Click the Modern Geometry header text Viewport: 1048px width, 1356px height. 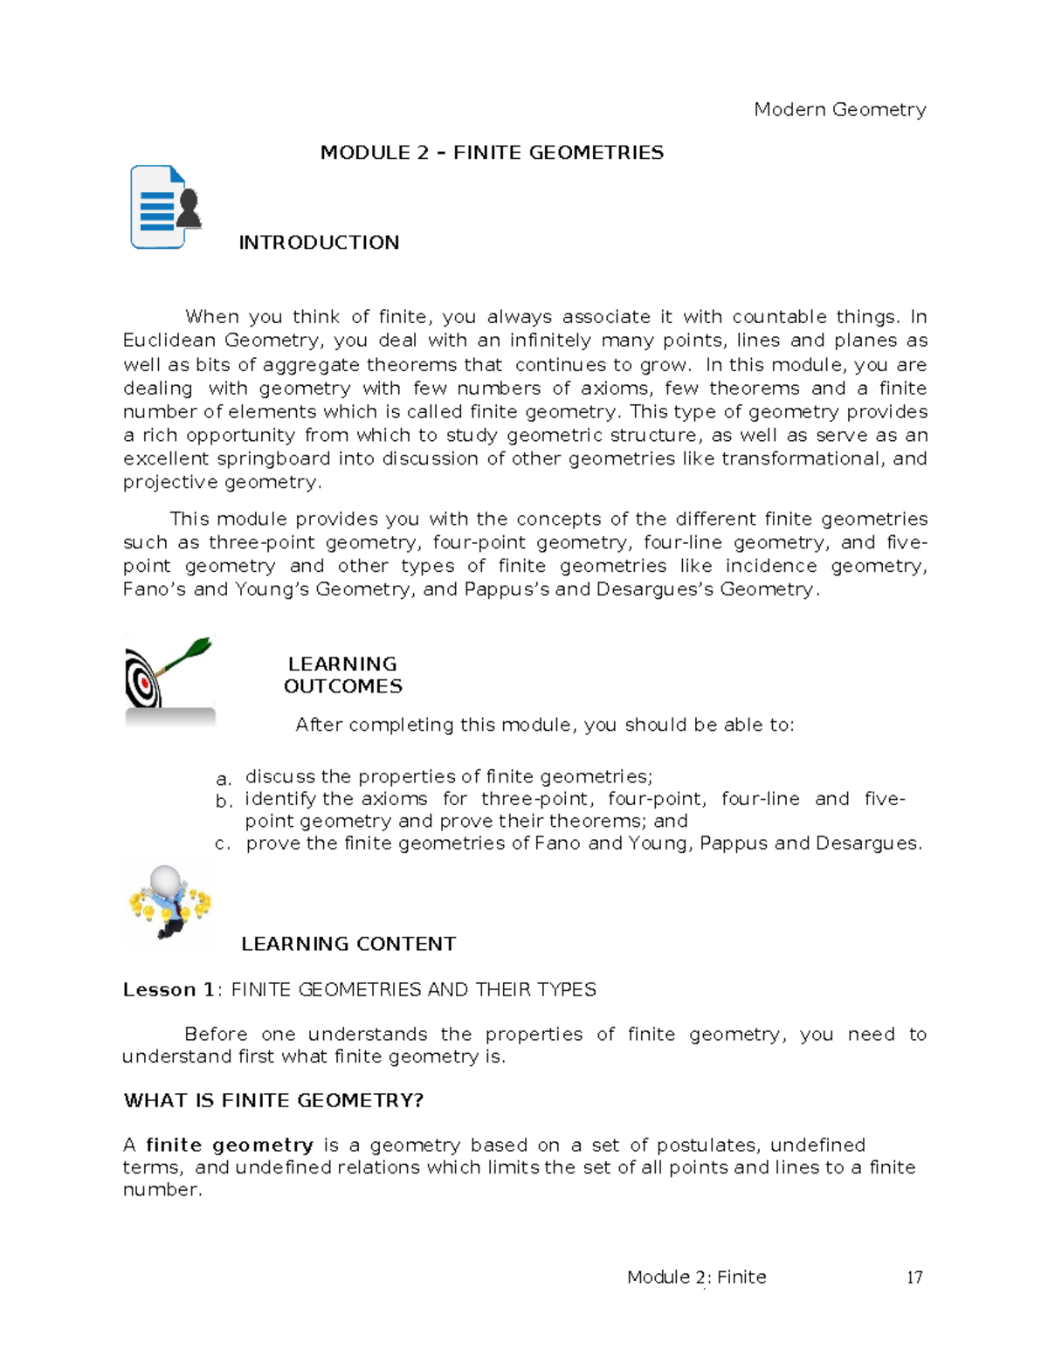(839, 110)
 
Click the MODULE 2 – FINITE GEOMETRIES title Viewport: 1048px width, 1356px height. (492, 153)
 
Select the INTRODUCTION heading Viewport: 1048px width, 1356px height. (319, 243)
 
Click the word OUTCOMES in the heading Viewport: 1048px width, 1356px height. (342, 687)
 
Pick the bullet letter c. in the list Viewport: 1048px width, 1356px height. (223, 844)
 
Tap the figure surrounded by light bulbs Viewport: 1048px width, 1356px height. (169, 903)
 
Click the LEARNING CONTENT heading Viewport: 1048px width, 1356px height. (348, 944)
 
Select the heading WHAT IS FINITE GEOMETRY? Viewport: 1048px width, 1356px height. (273, 1101)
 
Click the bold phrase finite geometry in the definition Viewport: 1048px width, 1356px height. (230, 1146)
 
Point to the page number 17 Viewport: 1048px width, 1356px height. (914, 1278)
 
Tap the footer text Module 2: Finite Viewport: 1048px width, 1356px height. (696, 1277)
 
